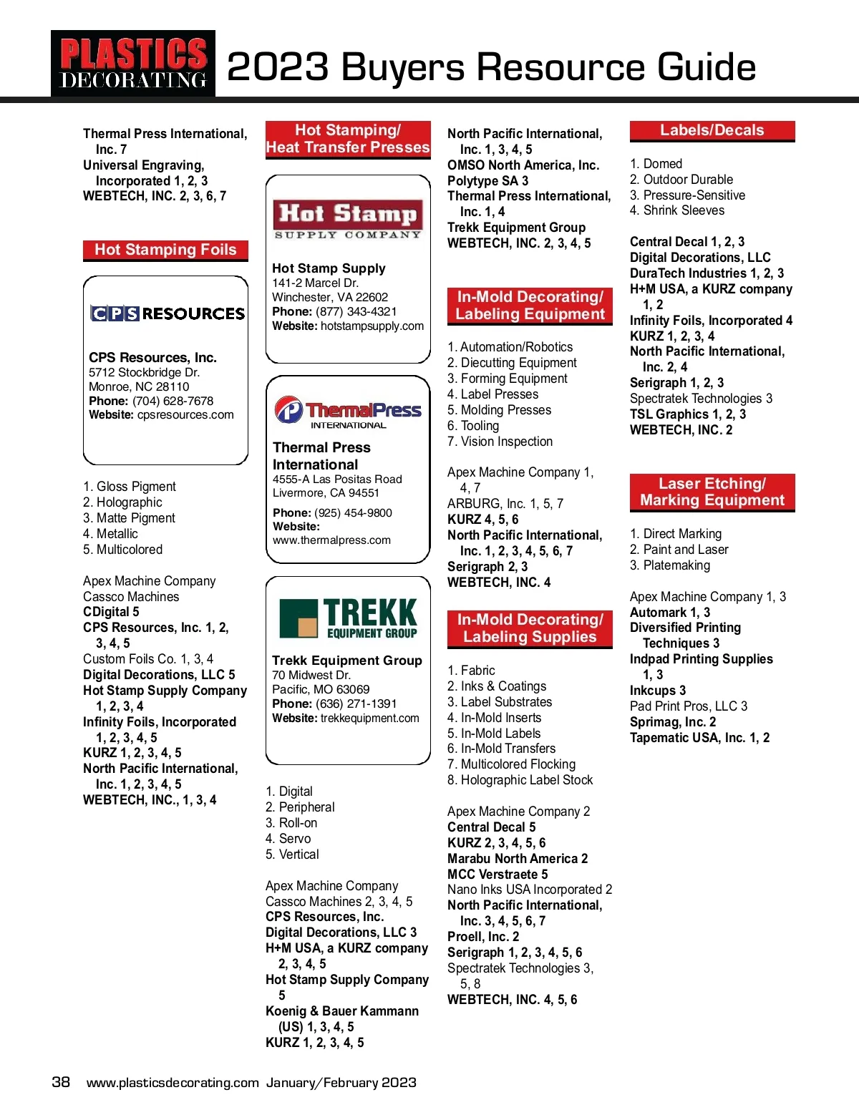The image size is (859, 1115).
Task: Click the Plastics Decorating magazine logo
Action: coord(133,64)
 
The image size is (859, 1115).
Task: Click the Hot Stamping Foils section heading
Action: coord(165,250)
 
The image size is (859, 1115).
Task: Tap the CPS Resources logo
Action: coord(168,313)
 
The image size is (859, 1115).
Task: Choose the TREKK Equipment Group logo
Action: coord(348,618)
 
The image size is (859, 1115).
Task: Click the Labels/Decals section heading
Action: coord(712,131)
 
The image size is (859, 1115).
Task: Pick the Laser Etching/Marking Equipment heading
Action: coord(712,492)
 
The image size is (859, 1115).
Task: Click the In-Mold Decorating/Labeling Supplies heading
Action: coord(530,628)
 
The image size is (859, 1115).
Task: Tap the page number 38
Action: coord(61,1081)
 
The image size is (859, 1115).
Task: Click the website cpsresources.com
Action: coord(185,415)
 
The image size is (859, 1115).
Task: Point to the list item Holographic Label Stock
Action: coord(526,780)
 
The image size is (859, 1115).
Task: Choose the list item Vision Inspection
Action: coord(506,442)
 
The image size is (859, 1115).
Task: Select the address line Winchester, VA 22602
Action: coord(330,297)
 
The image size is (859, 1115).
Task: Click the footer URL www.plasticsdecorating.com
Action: coord(173,1083)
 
